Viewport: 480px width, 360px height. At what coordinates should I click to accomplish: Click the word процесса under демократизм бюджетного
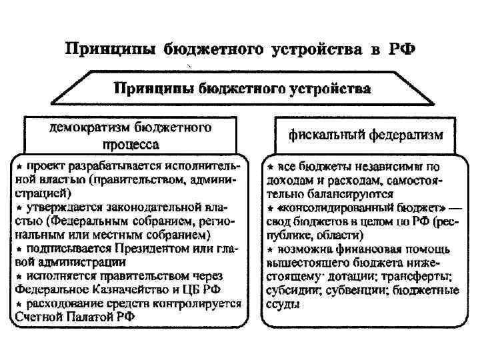pyautogui.click(x=132, y=144)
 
